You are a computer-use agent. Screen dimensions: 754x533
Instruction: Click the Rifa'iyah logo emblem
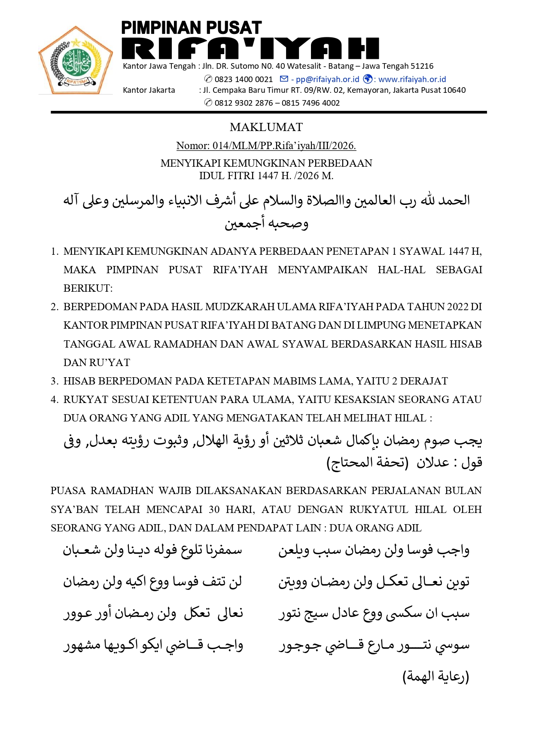[76, 60]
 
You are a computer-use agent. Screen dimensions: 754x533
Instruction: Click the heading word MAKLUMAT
[266, 127]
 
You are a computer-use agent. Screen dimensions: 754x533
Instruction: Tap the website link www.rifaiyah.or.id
[412, 79]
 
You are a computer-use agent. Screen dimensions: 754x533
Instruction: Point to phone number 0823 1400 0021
[244, 79]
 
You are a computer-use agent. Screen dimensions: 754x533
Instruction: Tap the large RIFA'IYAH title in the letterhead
[250, 48]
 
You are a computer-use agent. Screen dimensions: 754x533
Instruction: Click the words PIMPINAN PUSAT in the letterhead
[191, 28]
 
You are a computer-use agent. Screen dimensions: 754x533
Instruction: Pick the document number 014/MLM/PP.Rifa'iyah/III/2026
[284, 146]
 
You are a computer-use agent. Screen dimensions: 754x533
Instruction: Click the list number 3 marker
[54, 381]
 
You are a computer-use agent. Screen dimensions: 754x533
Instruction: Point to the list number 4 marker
[54, 400]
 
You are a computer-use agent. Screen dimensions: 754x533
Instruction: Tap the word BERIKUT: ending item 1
[88, 288]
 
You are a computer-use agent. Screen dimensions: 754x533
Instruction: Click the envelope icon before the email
[284, 79]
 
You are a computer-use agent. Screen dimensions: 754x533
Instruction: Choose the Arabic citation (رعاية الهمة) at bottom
[436, 677]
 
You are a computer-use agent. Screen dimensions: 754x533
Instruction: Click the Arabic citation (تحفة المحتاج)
[367, 462]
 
